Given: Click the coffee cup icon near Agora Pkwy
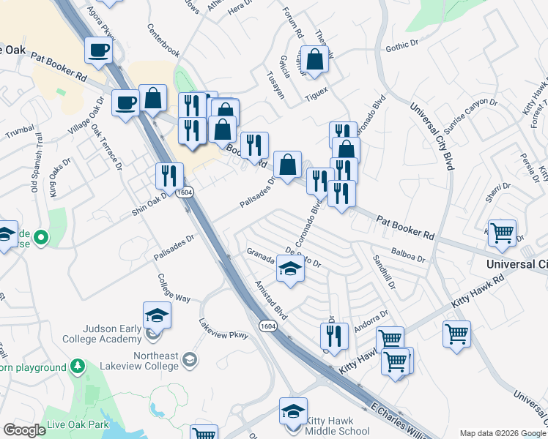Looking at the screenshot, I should pyautogui.click(x=97, y=51).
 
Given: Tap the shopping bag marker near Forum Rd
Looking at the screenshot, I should pyautogui.click(x=314, y=62).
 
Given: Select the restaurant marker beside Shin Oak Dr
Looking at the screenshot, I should pyautogui.click(x=169, y=176).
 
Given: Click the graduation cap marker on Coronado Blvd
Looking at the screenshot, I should pyautogui.click(x=290, y=270).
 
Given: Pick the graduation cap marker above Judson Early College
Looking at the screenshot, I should pyautogui.click(x=157, y=315).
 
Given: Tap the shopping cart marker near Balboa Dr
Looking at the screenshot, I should pyautogui.click(x=502, y=233).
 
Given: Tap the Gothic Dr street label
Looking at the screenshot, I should pyautogui.click(x=401, y=48).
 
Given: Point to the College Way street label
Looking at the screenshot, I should pyautogui.click(x=174, y=288).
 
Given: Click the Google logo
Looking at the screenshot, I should pyautogui.click(x=24, y=431).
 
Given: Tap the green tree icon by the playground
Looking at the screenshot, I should pyautogui.click(x=77, y=367).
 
